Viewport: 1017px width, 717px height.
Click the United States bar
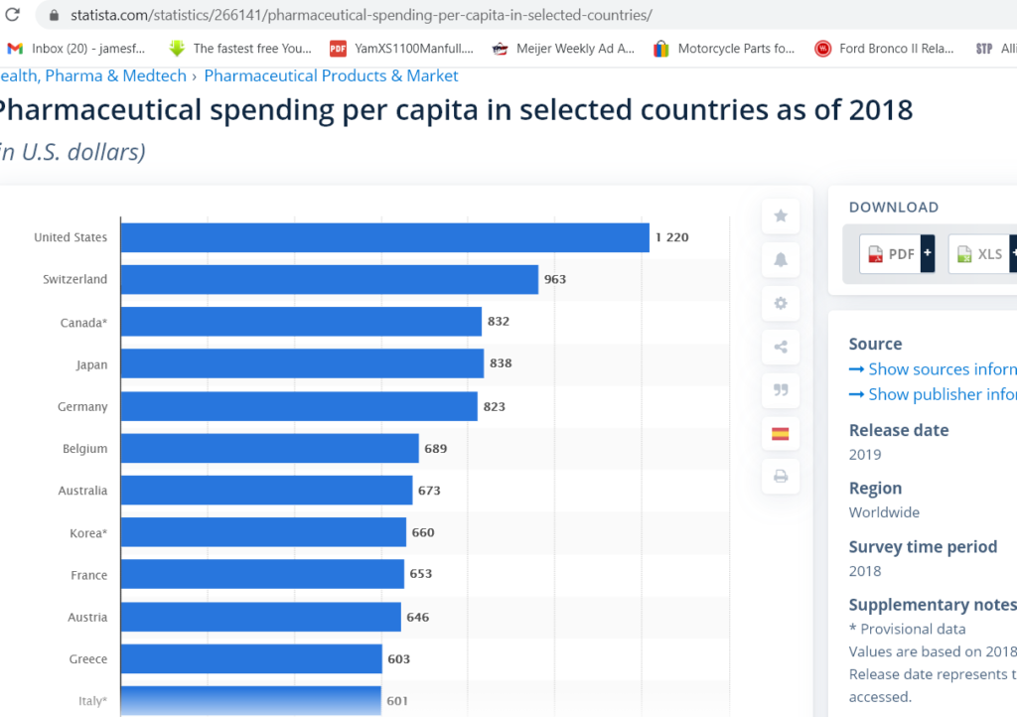click(384, 237)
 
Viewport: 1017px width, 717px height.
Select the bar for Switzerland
click(329, 280)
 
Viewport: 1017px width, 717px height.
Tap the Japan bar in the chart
click(302, 364)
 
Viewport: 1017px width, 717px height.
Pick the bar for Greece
click(251, 659)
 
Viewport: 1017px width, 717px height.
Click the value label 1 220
click(671, 237)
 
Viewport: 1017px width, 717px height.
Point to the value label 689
click(436, 449)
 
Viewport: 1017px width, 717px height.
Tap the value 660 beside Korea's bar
click(423, 533)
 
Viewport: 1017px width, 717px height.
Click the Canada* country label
click(83, 323)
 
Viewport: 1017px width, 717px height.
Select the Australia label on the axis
click(82, 491)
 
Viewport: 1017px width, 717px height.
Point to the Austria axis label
click(87, 618)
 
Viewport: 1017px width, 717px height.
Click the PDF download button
click(890, 254)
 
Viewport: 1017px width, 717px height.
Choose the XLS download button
click(979, 254)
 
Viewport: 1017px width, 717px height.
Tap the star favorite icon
click(781, 215)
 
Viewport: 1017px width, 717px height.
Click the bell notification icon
click(781, 260)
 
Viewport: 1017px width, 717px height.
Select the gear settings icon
click(781, 304)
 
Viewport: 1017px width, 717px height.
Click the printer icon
click(781, 478)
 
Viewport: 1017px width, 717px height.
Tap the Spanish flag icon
click(781, 434)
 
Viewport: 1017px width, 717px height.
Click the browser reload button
click(13, 16)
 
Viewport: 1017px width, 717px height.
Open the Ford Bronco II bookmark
click(884, 48)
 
